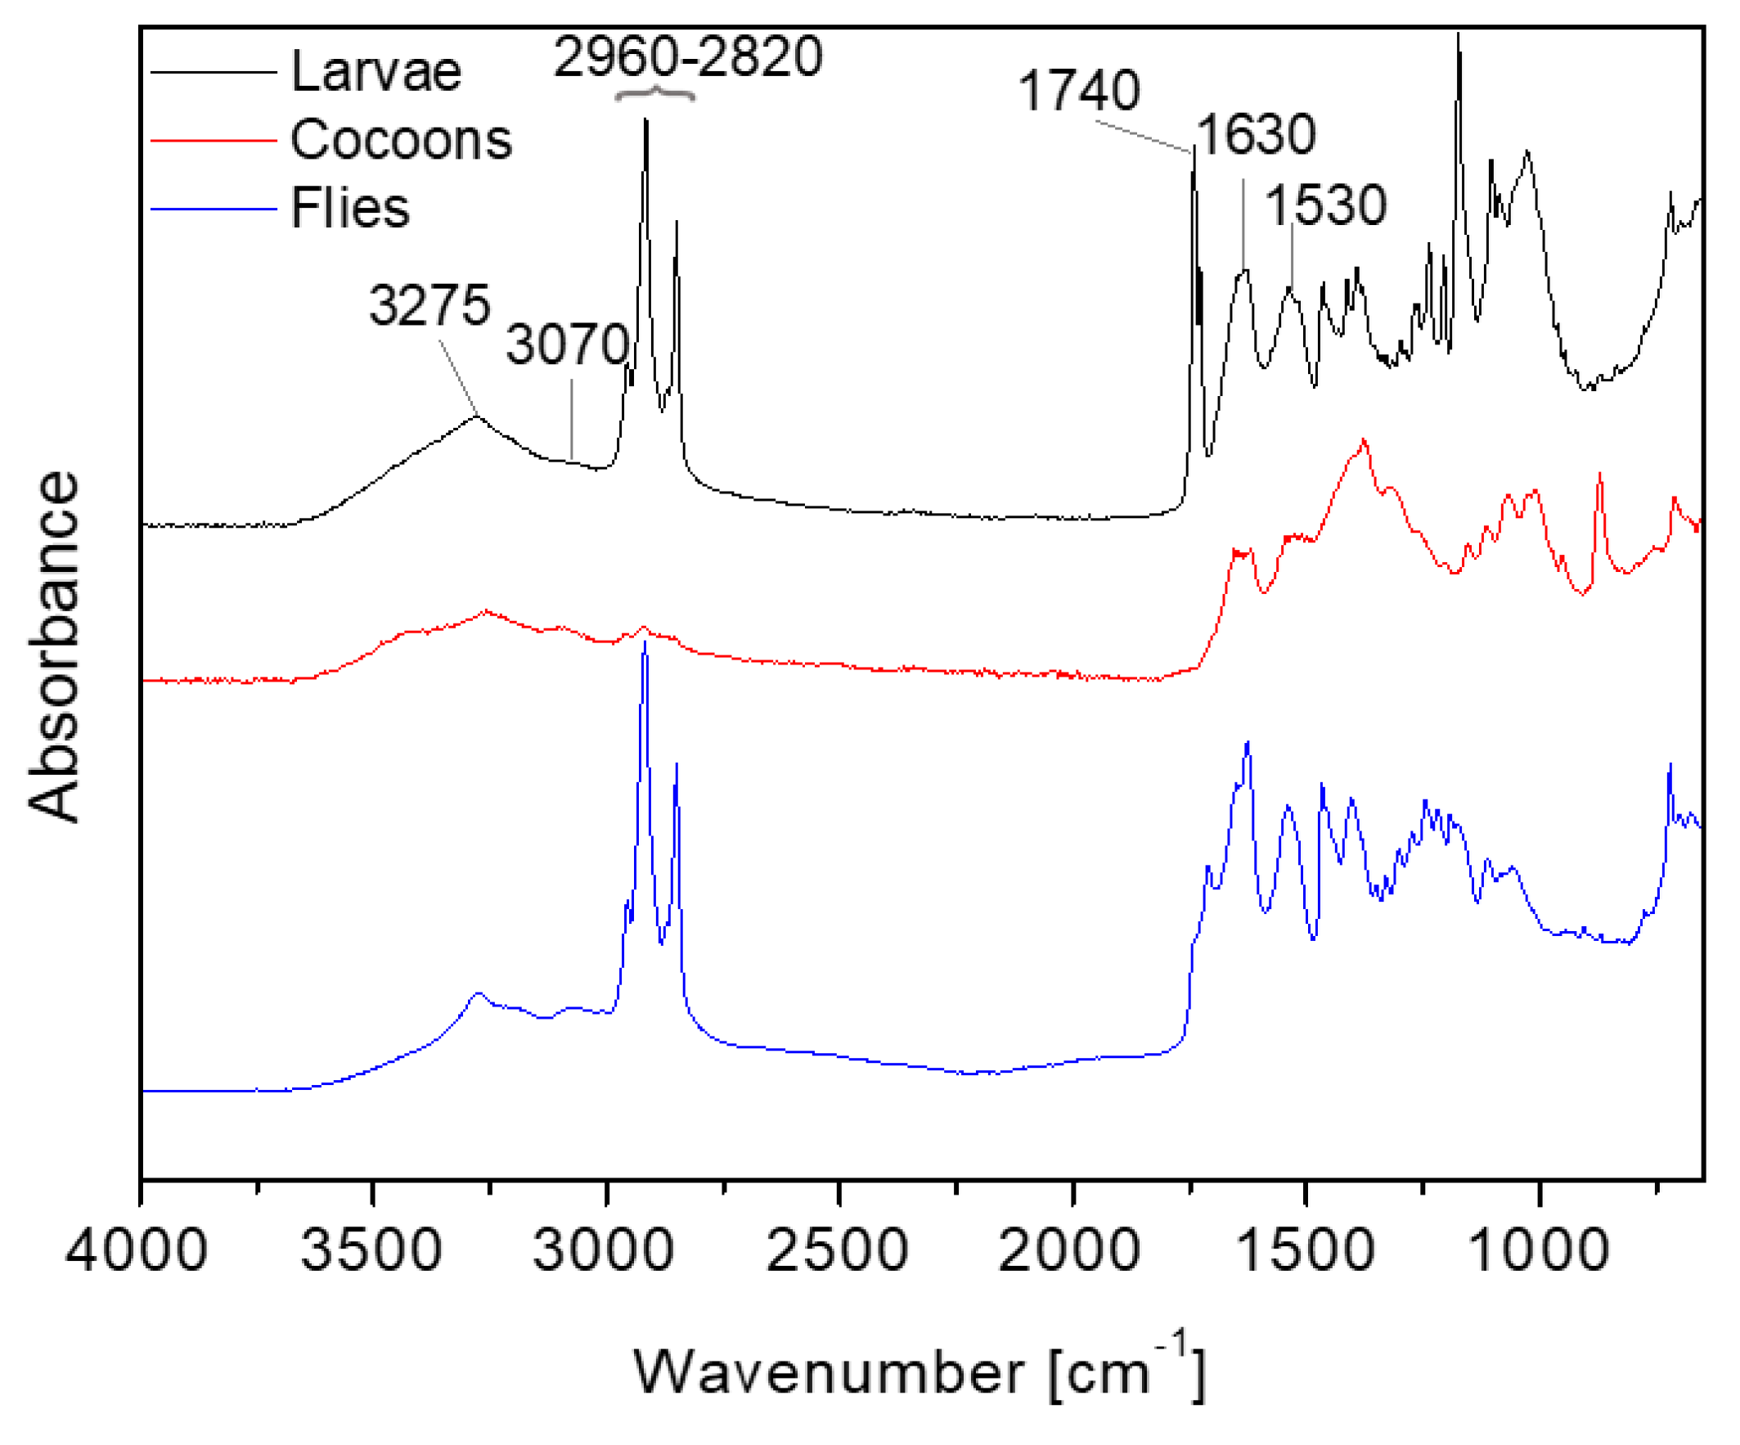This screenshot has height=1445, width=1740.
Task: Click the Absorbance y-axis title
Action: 55,647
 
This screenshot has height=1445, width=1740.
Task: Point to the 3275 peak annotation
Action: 429,305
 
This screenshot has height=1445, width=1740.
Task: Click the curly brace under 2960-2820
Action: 654,93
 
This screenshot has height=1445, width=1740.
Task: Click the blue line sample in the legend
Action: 213,209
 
